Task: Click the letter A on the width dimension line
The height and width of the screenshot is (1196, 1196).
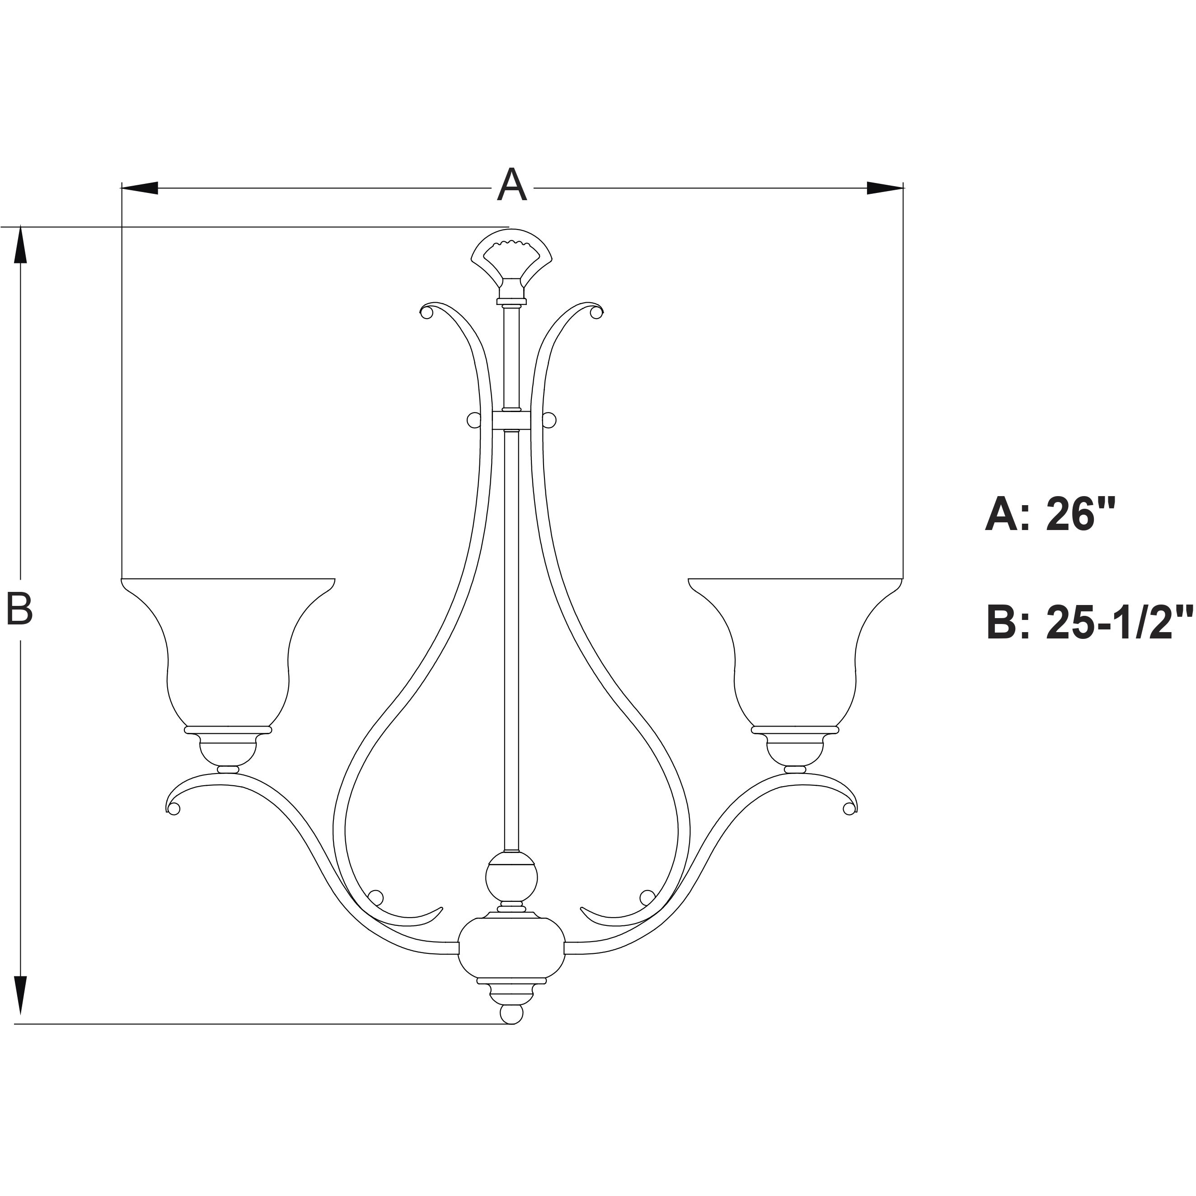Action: click(x=511, y=185)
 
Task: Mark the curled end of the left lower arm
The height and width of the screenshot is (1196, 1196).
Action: click(x=173, y=807)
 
